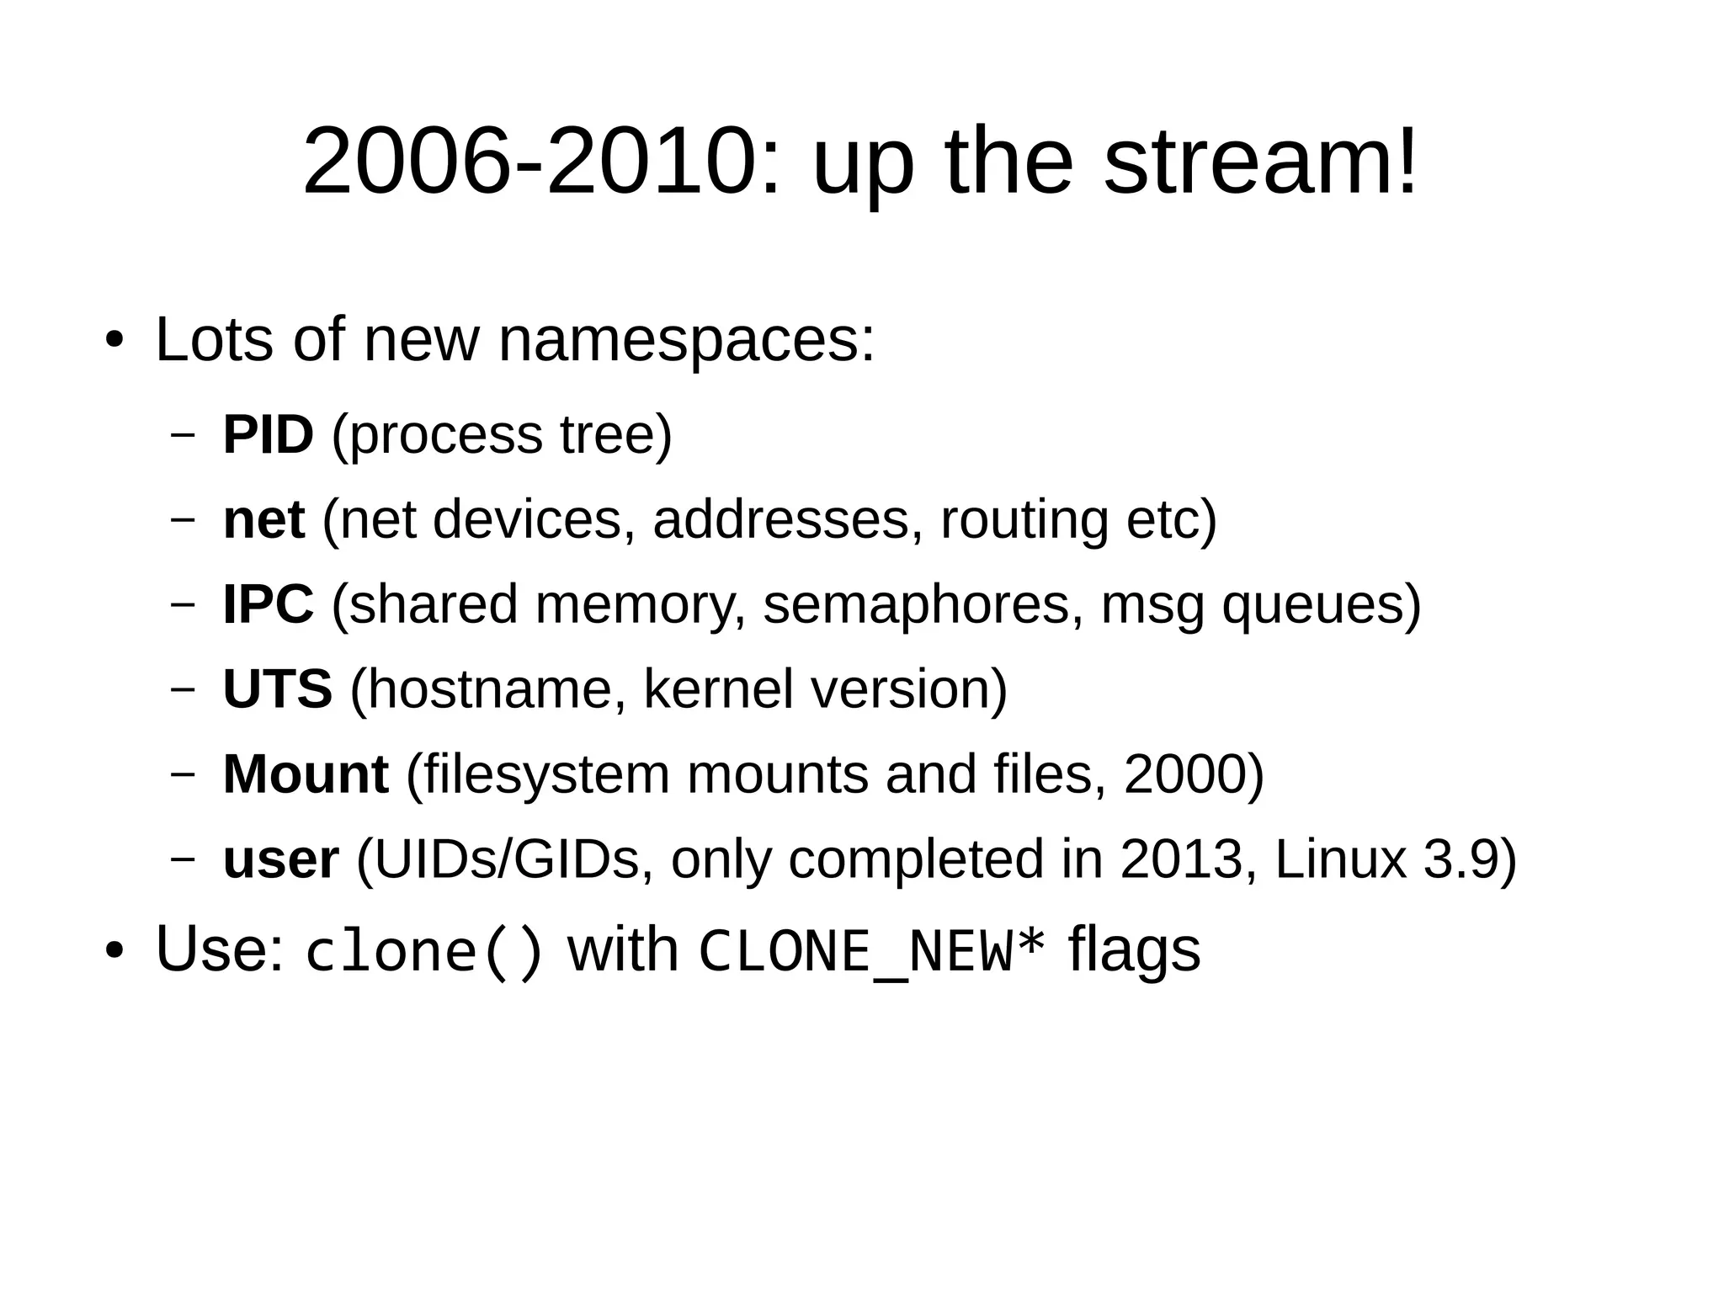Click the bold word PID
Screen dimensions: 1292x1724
pos(268,435)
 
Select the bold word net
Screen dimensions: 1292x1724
pos(263,519)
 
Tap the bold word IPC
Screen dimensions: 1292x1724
pos(268,604)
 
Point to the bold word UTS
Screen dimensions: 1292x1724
pos(277,689)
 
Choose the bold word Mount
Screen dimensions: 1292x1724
pos(306,774)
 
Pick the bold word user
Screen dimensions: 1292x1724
pos(280,860)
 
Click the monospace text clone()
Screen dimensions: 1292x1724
pos(424,952)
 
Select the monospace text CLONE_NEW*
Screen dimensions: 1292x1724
pos(872,952)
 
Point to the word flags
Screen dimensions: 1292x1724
pos(1134,950)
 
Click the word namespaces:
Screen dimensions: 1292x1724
pos(686,341)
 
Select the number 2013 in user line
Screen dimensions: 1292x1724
pos(1181,860)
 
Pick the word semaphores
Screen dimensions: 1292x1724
pos(916,604)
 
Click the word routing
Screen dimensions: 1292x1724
pos(1024,519)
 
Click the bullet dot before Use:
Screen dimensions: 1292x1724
pos(114,951)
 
